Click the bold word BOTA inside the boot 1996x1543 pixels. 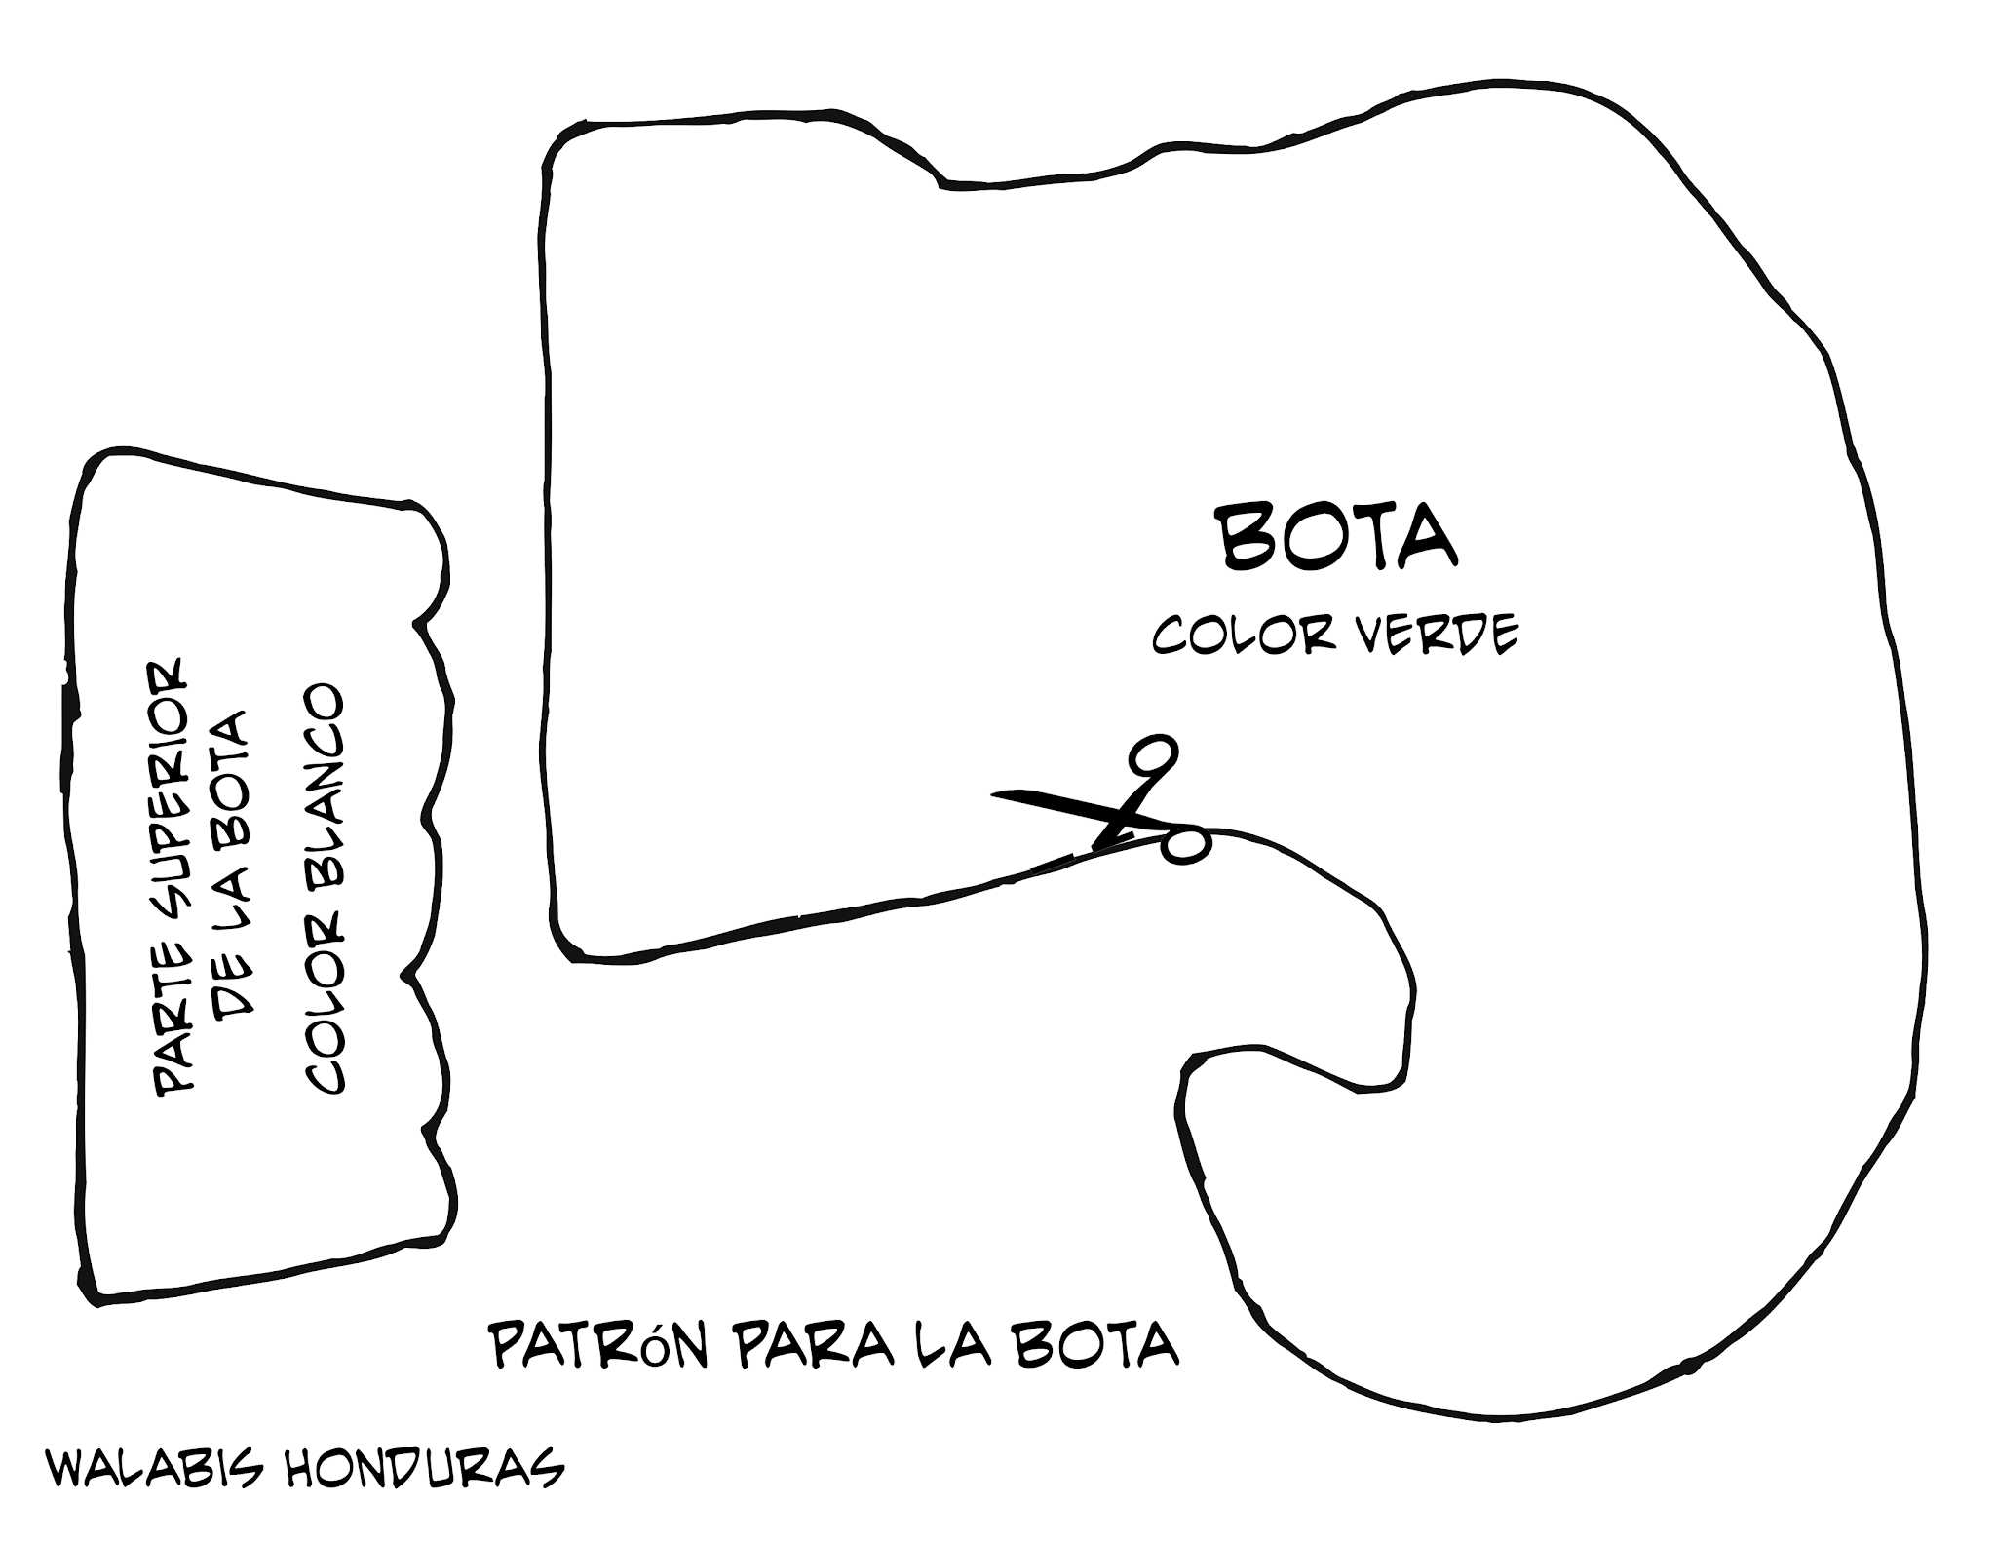[1339, 537]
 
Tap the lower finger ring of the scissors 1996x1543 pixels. [1186, 844]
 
